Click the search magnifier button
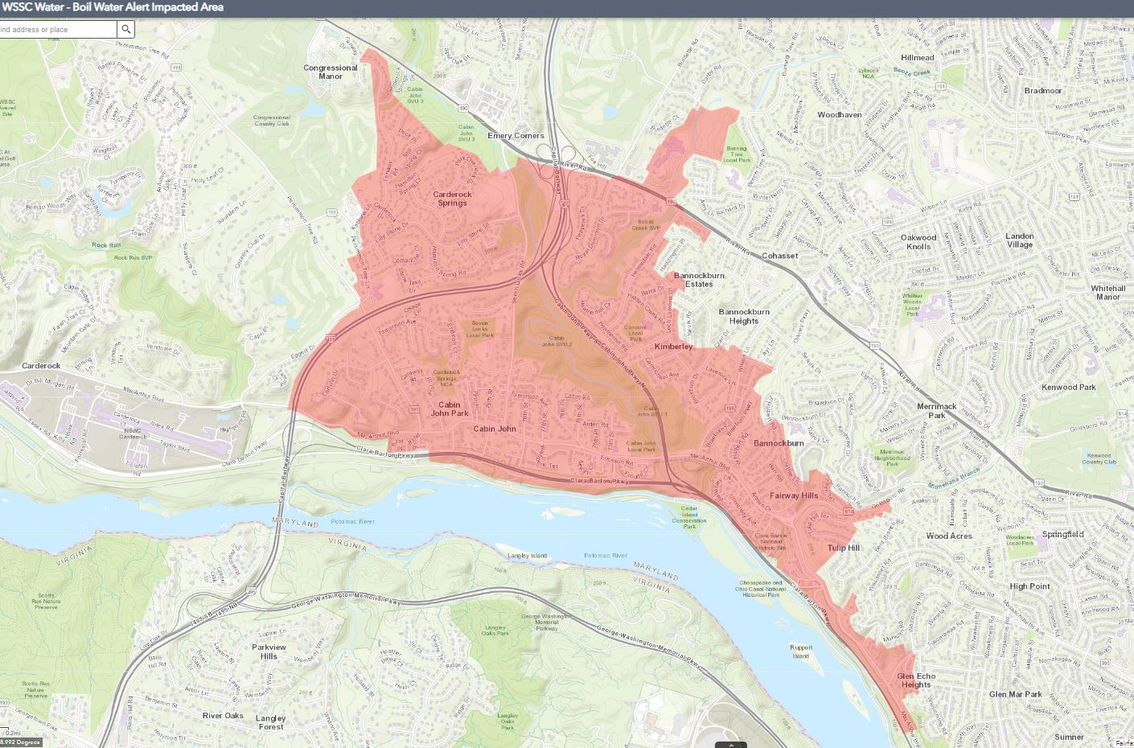pos(126,30)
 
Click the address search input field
pos(56,30)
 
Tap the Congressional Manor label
pos(330,72)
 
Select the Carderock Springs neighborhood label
pos(452,198)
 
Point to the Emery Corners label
pos(516,136)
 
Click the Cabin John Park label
pos(450,409)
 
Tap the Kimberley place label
pos(673,347)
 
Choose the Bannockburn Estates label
pos(699,279)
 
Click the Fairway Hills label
pos(793,495)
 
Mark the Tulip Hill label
pos(843,548)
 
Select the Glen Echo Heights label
pos(915,680)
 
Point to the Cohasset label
pos(779,256)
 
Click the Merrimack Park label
pos(937,411)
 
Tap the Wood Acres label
pos(949,536)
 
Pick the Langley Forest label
pos(271,722)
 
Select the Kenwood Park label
pos(1068,388)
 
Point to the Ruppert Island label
pos(800,651)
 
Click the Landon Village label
pos(1019,240)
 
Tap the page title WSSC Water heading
pos(113,7)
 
